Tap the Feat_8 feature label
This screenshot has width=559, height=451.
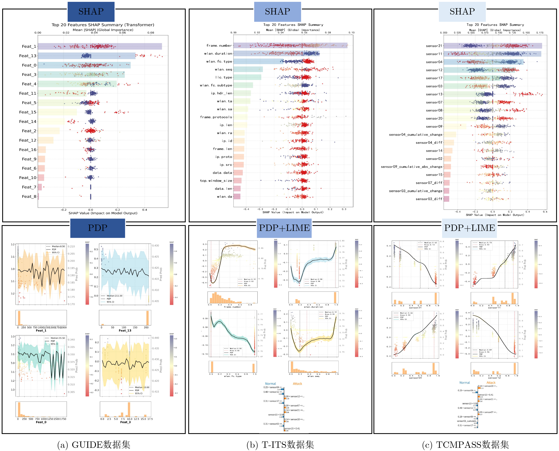pyautogui.click(x=29, y=197)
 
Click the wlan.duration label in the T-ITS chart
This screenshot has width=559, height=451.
pyautogui.click(x=218, y=54)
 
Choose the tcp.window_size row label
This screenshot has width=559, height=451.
pyautogui.click(x=216, y=181)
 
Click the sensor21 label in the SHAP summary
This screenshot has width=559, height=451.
pyautogui.click(x=434, y=46)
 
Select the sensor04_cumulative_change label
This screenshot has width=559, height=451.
pyautogui.click(x=415, y=135)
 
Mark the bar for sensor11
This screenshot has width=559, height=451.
pyautogui.click(x=492, y=54)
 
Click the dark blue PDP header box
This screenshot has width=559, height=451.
pyautogui.click(x=98, y=228)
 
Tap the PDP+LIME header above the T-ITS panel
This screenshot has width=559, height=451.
pyautogui.click(x=284, y=228)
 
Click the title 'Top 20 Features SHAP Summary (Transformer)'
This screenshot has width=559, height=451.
pyautogui.click(x=103, y=25)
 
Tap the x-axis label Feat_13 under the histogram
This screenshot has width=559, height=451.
pyautogui.click(x=125, y=331)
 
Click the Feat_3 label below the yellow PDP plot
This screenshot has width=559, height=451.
pyautogui.click(x=125, y=422)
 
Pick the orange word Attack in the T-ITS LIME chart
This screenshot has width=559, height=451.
pyautogui.click(x=297, y=384)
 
